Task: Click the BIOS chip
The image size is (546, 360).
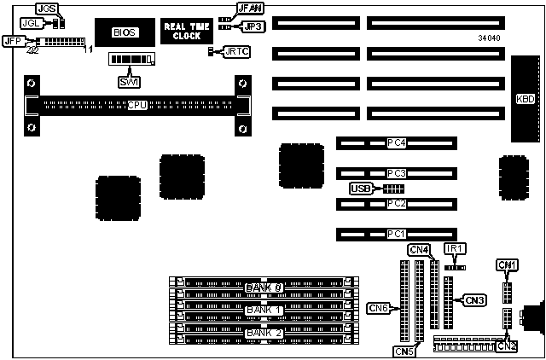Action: coord(121,32)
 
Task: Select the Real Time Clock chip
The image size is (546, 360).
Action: coord(180,32)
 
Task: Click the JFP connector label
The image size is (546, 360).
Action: coord(13,40)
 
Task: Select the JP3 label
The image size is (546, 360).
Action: coord(254,26)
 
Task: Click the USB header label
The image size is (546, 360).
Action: coord(361,189)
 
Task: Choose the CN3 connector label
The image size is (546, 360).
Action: coord(474,299)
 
